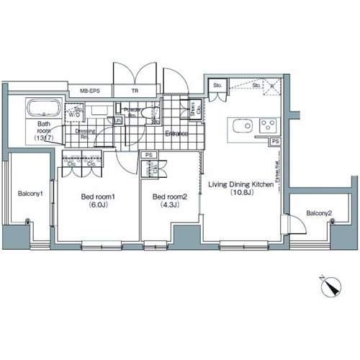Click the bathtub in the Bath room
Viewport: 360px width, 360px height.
click(45, 110)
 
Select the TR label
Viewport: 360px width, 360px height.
click(135, 91)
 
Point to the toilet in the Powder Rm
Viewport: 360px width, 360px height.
click(148, 112)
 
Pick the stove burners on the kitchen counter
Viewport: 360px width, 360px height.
click(267, 125)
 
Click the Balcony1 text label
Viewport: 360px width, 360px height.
click(31, 193)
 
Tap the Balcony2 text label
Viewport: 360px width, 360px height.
click(319, 213)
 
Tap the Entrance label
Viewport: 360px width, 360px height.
click(176, 134)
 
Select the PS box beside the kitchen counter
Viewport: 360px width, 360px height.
click(276, 142)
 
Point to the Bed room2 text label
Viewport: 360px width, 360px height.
click(169, 197)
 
